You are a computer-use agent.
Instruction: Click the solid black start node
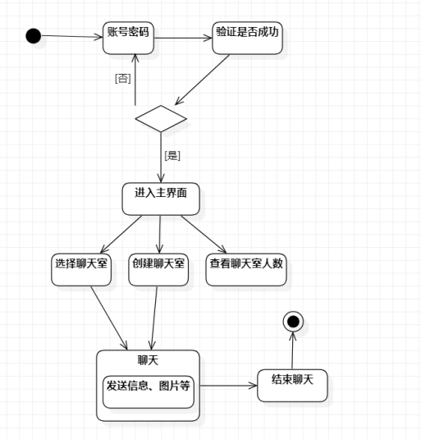[34, 36]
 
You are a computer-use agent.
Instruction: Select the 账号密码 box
[128, 38]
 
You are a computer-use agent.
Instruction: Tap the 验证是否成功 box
[247, 38]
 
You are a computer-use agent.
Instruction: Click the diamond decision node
[161, 119]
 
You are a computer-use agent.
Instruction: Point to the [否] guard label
[123, 79]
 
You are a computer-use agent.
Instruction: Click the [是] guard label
[172, 156]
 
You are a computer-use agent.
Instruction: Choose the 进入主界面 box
[161, 199]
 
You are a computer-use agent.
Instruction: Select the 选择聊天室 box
[81, 270]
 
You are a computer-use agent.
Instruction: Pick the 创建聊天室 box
[158, 270]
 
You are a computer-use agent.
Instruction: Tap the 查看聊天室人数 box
[246, 270]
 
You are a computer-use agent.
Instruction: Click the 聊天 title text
[148, 360]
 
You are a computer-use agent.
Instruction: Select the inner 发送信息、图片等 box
[149, 392]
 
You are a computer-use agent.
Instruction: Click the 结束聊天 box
[292, 386]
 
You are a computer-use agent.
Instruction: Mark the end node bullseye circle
[293, 322]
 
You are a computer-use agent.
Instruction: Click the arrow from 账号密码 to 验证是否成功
[183, 38]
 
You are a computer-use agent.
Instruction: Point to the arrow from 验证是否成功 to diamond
[202, 80]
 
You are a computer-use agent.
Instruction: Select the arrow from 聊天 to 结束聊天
[228, 386]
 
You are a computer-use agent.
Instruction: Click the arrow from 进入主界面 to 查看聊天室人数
[204, 235]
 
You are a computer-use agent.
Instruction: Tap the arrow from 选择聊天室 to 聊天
[109, 318]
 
